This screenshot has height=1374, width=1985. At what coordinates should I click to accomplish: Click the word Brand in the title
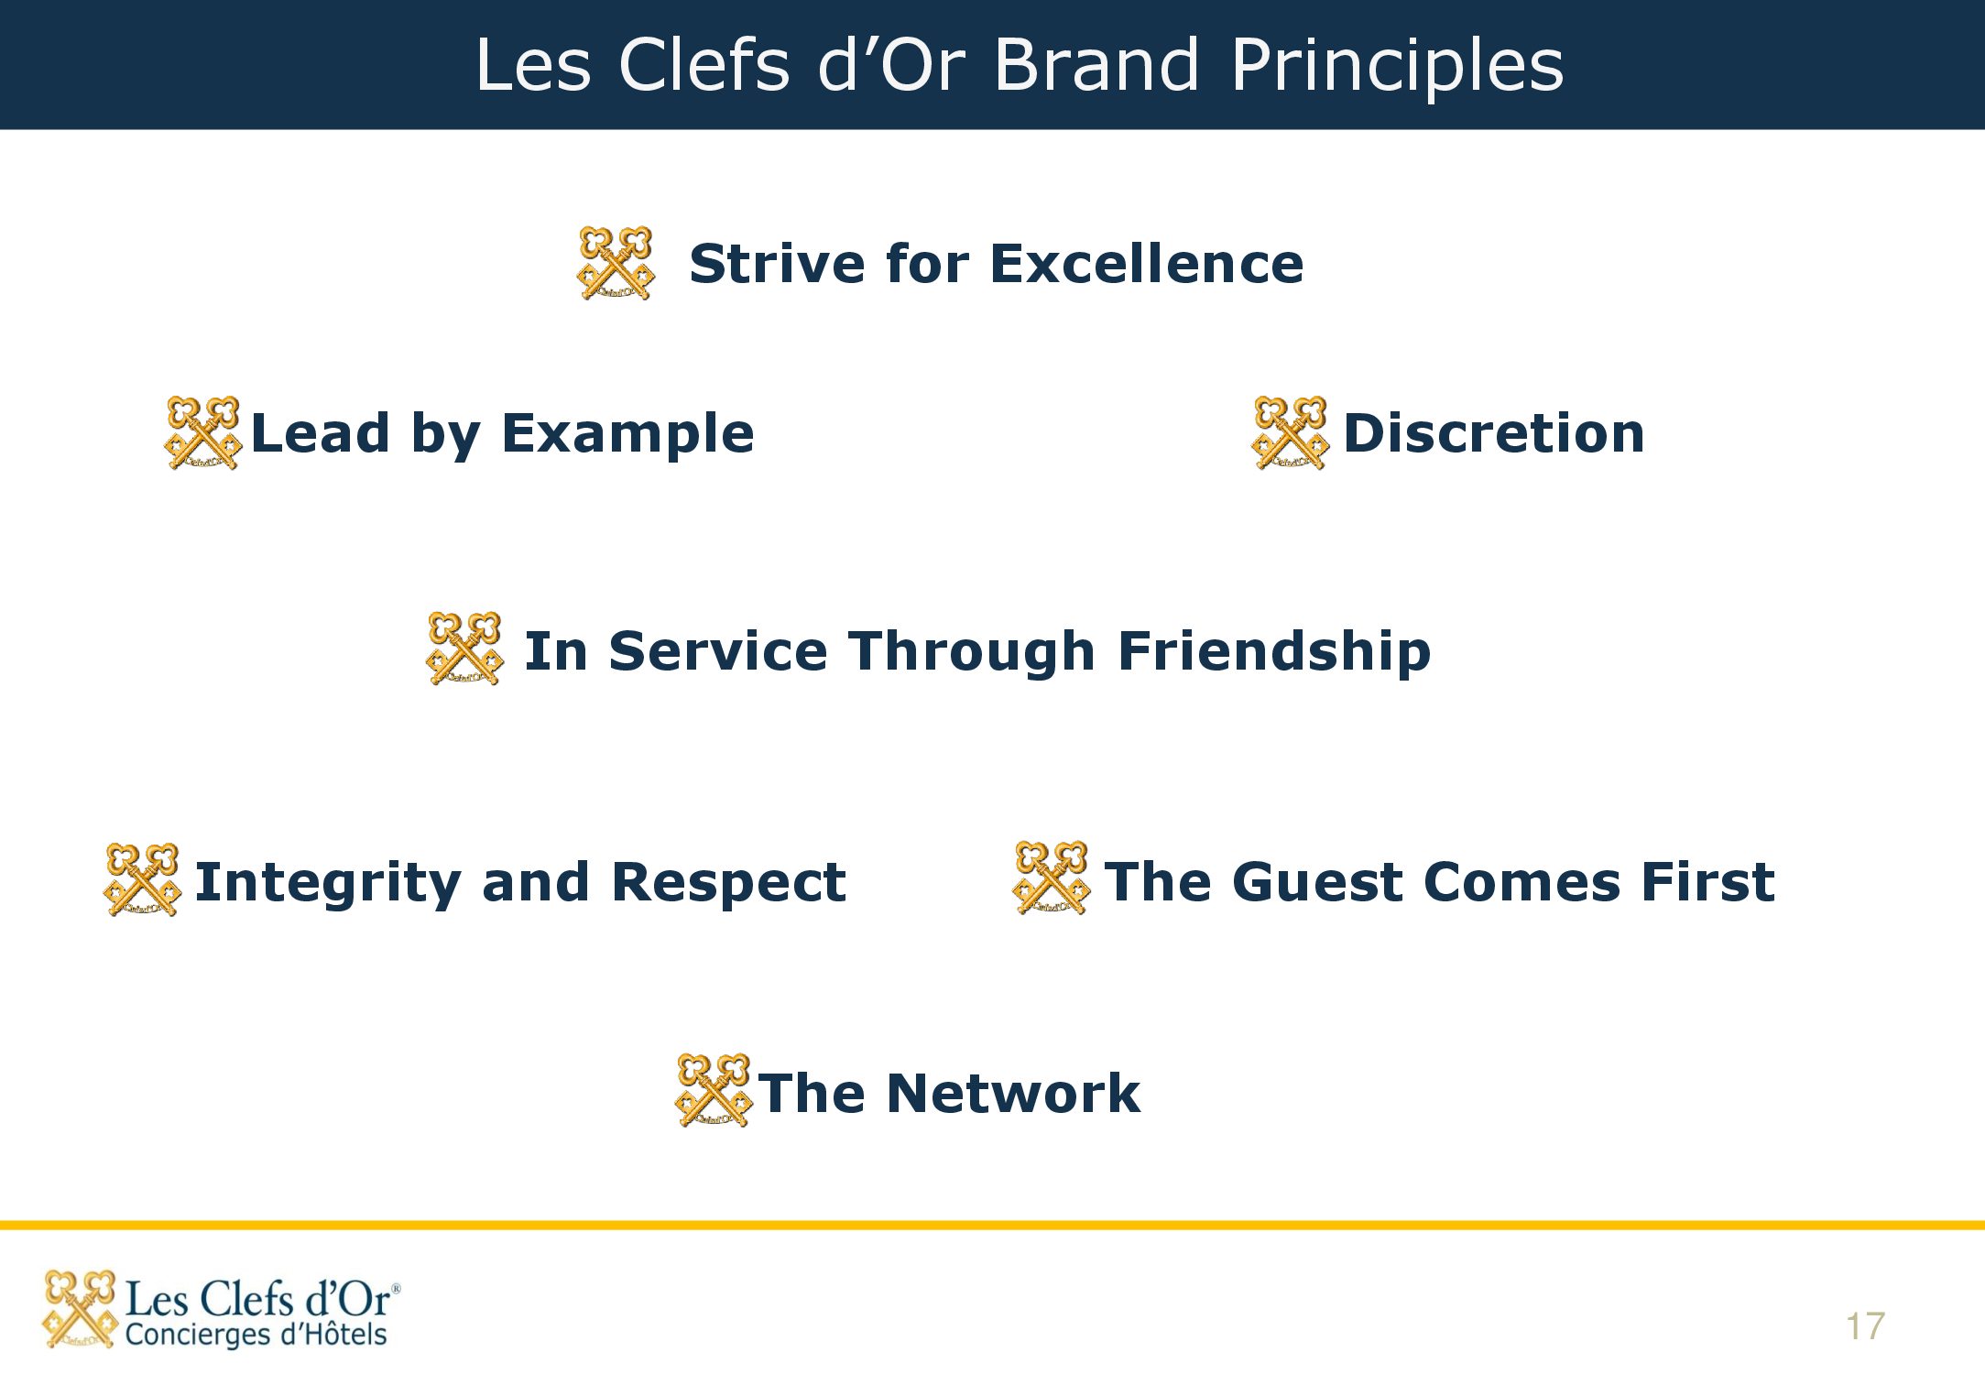tap(1096, 65)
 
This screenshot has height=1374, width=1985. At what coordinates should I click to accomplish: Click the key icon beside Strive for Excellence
tap(616, 263)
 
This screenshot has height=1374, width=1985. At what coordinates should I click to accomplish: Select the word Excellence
tap(1147, 264)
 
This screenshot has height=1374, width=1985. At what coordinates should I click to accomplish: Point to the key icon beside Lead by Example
tap(202, 432)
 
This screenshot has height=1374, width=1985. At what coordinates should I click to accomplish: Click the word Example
tap(627, 434)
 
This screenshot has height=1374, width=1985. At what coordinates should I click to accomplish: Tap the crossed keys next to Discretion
tap(1290, 432)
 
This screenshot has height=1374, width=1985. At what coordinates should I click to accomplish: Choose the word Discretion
tap(1494, 433)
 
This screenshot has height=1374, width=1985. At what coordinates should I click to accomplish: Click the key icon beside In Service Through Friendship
tap(464, 648)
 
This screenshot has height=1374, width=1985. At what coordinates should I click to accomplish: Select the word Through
tap(972, 652)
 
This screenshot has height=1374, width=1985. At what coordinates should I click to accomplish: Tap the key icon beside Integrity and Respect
tap(142, 879)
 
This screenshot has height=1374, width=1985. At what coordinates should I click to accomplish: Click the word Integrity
tap(328, 883)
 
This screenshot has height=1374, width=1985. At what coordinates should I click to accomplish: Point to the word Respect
tap(728, 883)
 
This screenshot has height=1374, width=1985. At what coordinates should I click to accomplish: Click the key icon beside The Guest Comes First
tap(1052, 877)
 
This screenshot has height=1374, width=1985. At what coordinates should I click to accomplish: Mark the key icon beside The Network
tap(713, 1089)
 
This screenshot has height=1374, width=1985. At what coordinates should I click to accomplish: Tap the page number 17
tap(1865, 1326)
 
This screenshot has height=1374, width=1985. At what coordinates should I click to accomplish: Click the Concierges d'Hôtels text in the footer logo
tap(256, 1335)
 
